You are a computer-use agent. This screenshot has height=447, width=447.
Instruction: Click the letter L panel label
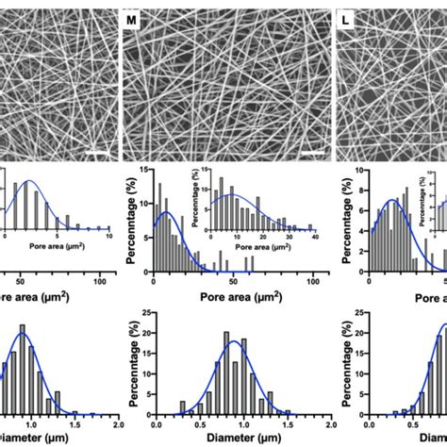tap(348, 16)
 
